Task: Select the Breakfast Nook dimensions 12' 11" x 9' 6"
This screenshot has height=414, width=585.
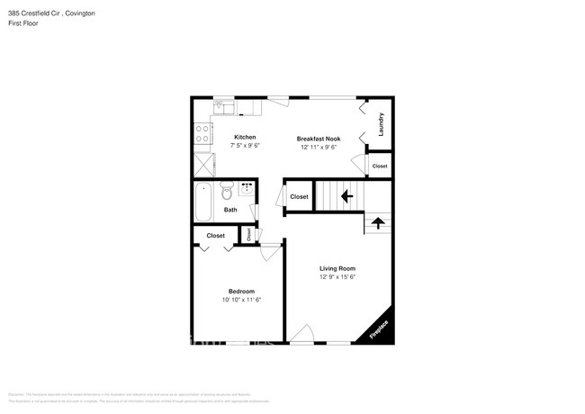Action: [x=319, y=147]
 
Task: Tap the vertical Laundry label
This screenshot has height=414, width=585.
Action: [x=382, y=123]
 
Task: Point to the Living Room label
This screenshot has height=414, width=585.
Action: [x=337, y=268]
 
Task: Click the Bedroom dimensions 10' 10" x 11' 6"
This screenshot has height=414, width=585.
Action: [x=241, y=300]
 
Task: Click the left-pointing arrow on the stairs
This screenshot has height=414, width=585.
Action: [x=346, y=195]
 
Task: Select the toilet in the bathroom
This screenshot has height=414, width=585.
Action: [x=227, y=193]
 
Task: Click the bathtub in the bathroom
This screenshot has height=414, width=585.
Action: [x=203, y=202]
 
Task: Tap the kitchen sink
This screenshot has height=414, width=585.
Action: [x=224, y=109]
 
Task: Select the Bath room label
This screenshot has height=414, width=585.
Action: [x=230, y=210]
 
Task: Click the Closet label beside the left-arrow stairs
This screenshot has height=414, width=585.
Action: [x=299, y=197]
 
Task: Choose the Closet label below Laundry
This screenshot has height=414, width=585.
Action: [x=380, y=166]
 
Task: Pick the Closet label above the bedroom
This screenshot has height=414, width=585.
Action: [x=216, y=236]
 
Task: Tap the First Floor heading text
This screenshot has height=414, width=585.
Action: [x=24, y=25]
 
